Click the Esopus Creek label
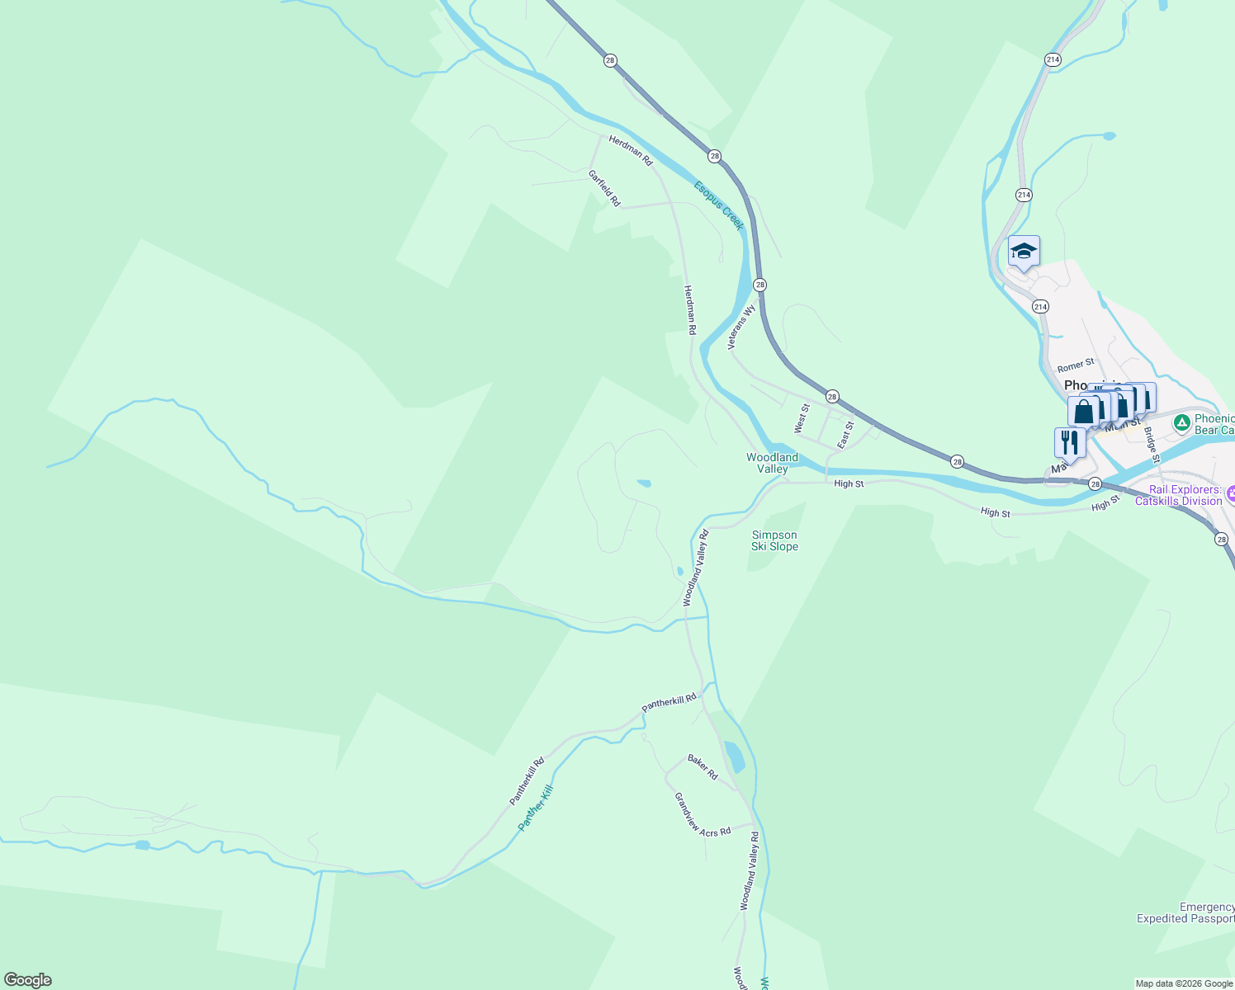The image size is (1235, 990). click(x=719, y=205)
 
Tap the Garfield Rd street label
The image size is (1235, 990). click(x=603, y=188)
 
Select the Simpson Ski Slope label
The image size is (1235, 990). click(x=774, y=540)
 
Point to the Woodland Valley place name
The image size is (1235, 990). click(x=772, y=463)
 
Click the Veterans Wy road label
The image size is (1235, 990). click(x=741, y=328)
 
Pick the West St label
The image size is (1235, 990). click(x=801, y=418)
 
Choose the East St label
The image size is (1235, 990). click(x=845, y=436)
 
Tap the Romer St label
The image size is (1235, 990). click(x=1076, y=365)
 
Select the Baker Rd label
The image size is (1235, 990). click(x=703, y=767)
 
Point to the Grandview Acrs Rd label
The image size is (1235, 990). click(x=702, y=815)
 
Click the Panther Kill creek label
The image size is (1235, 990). click(x=535, y=808)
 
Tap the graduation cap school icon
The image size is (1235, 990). click(x=1024, y=252)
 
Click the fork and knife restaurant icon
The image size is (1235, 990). click(x=1070, y=443)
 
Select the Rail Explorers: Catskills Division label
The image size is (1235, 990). click(x=1185, y=495)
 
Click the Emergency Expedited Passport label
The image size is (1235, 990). click(x=1185, y=912)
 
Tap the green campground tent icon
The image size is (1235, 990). click(x=1182, y=423)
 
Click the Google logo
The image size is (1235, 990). click(x=27, y=980)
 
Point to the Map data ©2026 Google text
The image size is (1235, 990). click(x=1183, y=983)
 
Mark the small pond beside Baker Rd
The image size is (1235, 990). click(x=733, y=756)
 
